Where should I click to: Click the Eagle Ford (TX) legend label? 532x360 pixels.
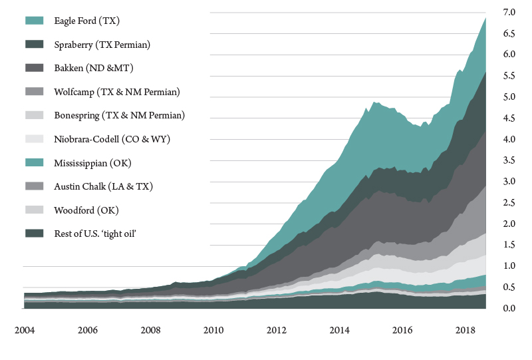[86, 21]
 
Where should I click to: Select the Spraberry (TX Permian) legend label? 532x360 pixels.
[102, 45]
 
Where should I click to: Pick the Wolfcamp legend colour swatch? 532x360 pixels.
[35, 92]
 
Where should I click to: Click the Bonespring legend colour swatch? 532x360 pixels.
[35, 115]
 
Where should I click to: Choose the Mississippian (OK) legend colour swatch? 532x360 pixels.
[35, 162]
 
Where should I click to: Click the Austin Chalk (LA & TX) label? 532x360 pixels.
[103, 186]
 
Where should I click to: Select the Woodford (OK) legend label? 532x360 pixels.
[86, 210]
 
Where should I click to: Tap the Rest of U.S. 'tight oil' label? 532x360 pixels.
[100, 233]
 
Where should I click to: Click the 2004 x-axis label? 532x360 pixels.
[25, 330]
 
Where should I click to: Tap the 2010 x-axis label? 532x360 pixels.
[213, 330]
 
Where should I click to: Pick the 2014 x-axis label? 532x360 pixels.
[340, 330]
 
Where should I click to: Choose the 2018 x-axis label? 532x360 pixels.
[465, 330]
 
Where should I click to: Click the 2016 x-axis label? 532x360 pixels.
[403, 330]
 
